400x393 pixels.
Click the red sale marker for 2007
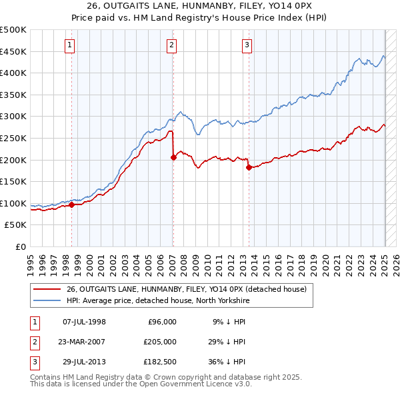[173, 158]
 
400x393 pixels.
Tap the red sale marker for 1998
[71, 205]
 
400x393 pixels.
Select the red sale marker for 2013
[248, 168]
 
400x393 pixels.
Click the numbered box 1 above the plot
[70, 45]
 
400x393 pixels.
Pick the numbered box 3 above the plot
[247, 45]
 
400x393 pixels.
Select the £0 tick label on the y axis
[21, 246]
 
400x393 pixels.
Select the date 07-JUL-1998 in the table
[84, 322]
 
